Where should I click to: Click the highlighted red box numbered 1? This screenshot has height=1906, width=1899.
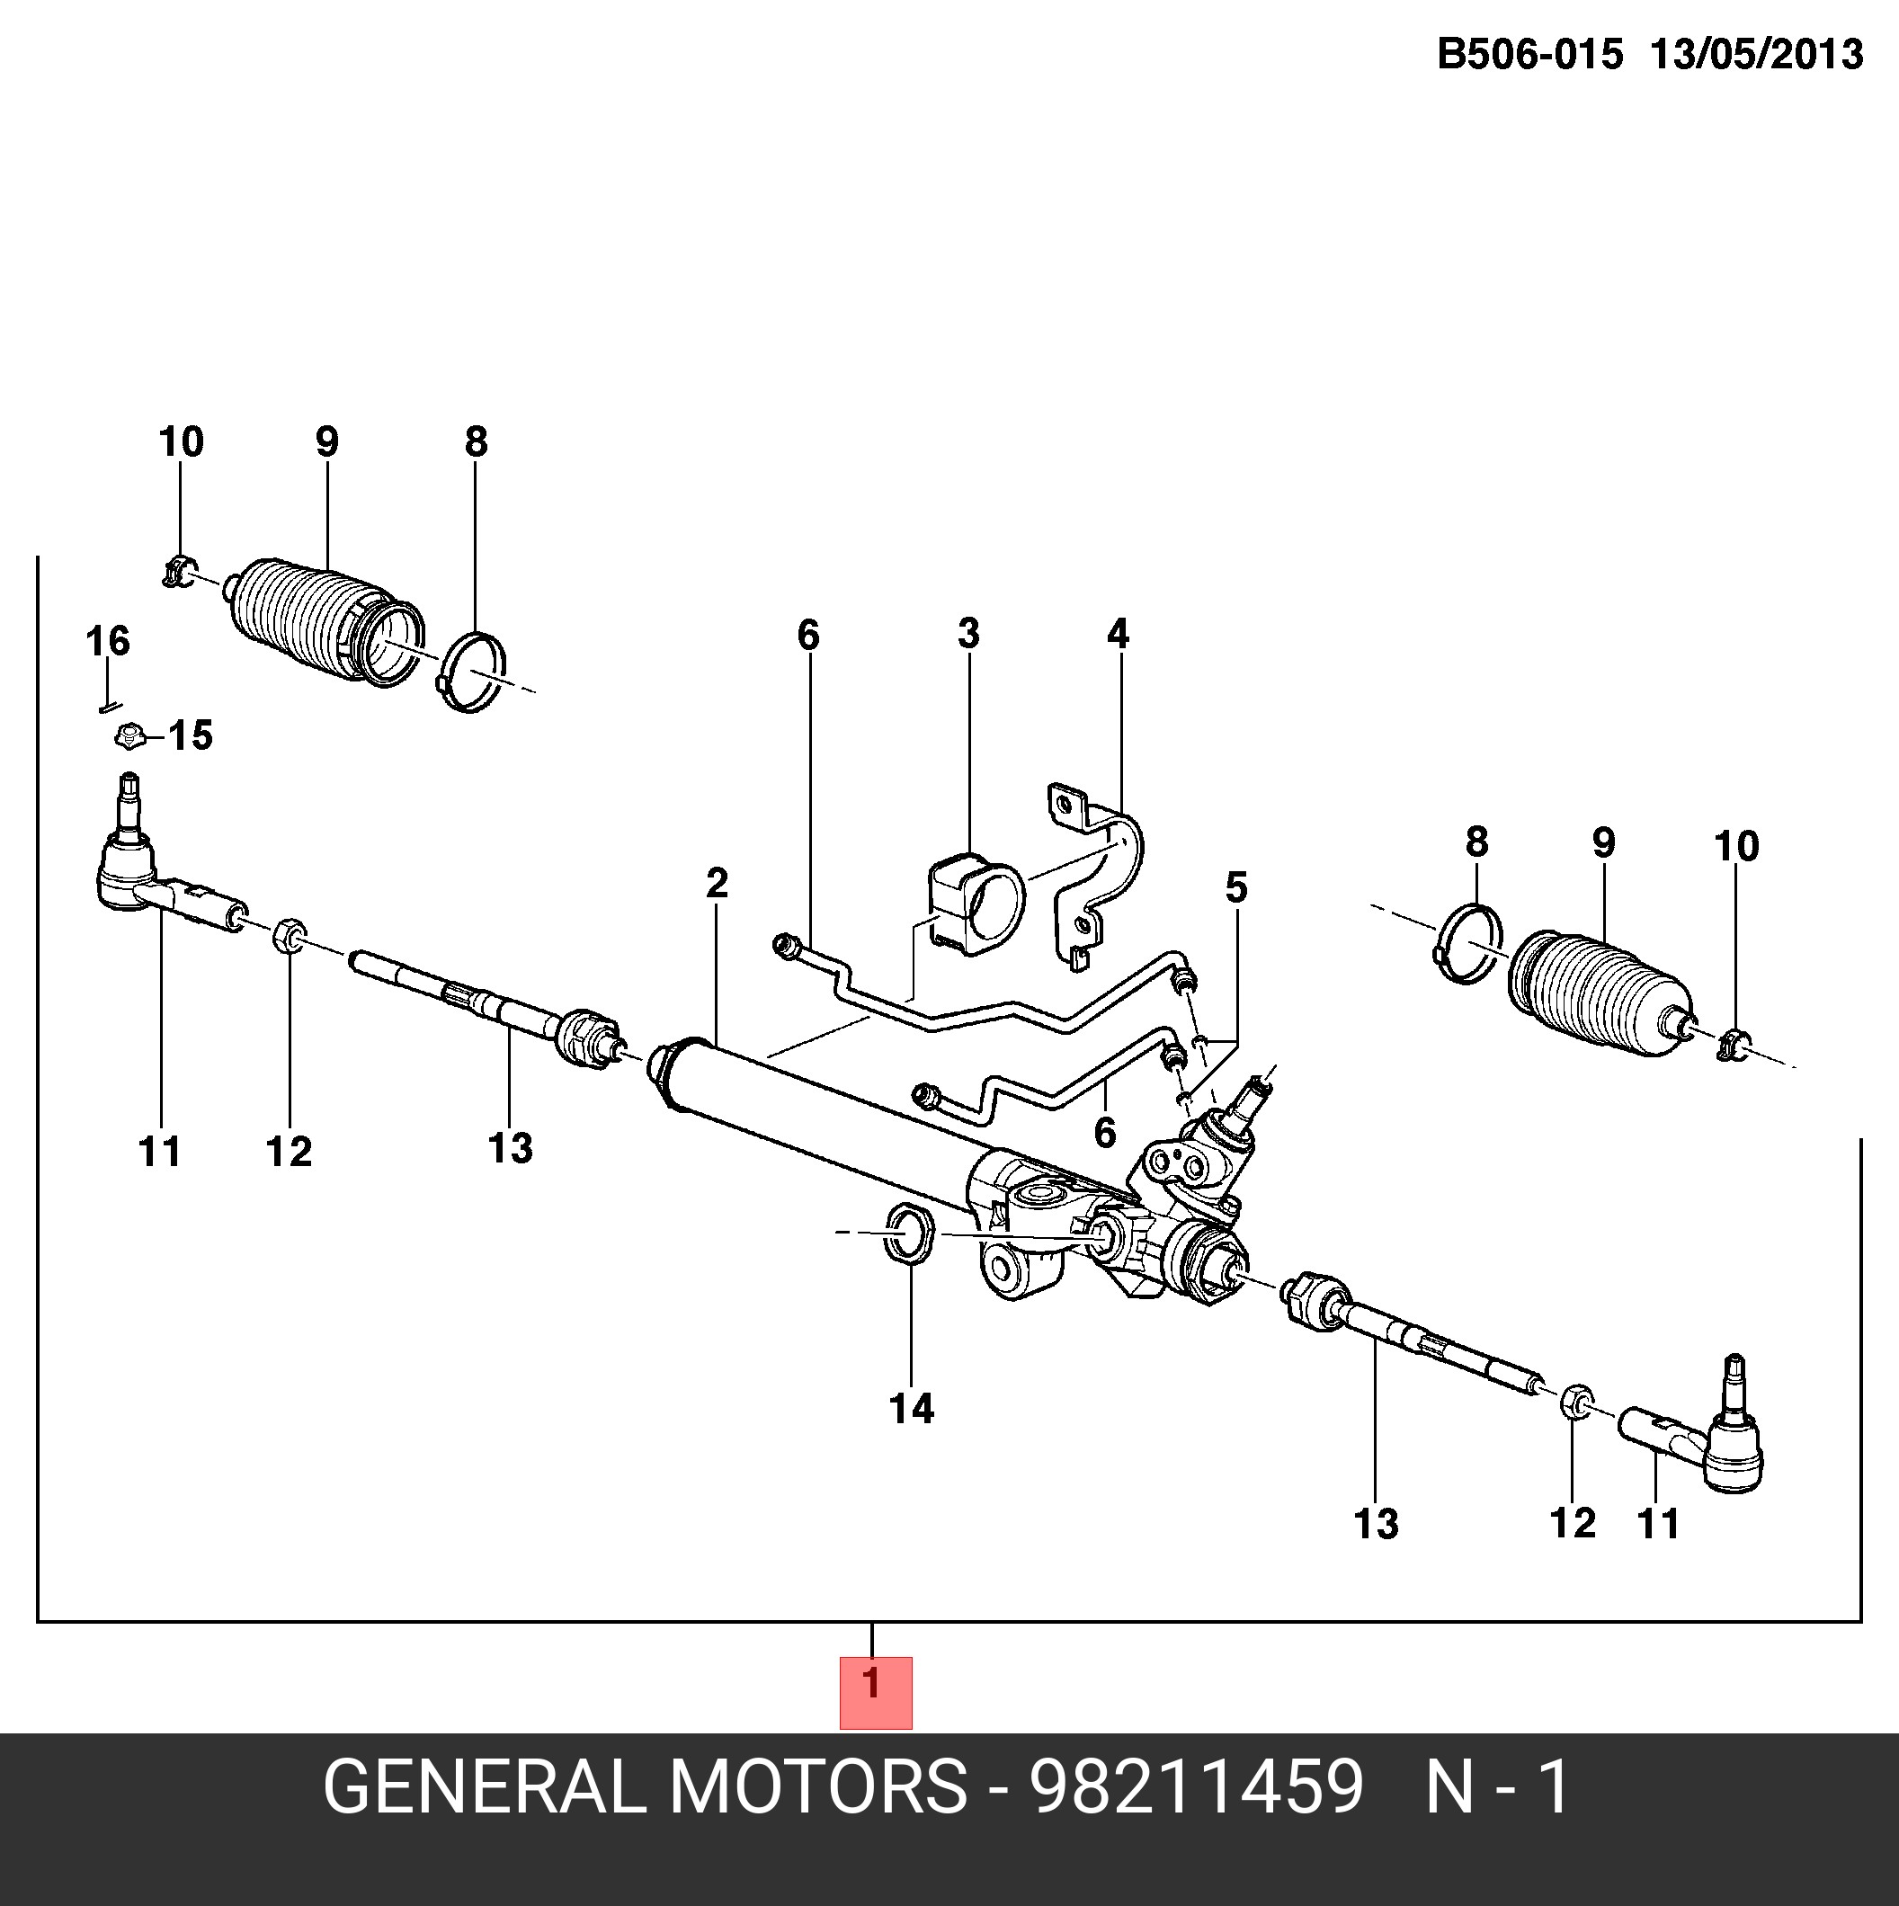pos(875,1692)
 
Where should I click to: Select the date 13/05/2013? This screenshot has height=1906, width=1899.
pos(1757,54)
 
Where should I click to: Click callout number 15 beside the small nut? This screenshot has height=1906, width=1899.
pos(191,736)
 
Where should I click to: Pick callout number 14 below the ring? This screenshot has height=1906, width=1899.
pos(911,1409)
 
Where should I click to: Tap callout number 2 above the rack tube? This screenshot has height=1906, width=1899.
pos(718,883)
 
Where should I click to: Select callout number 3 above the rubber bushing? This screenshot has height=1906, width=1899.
pos(968,633)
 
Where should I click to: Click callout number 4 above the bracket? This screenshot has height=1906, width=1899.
pos(1118,633)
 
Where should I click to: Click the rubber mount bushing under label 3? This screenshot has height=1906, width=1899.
pos(976,905)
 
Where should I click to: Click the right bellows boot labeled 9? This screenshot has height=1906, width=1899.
pos(1598,996)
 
